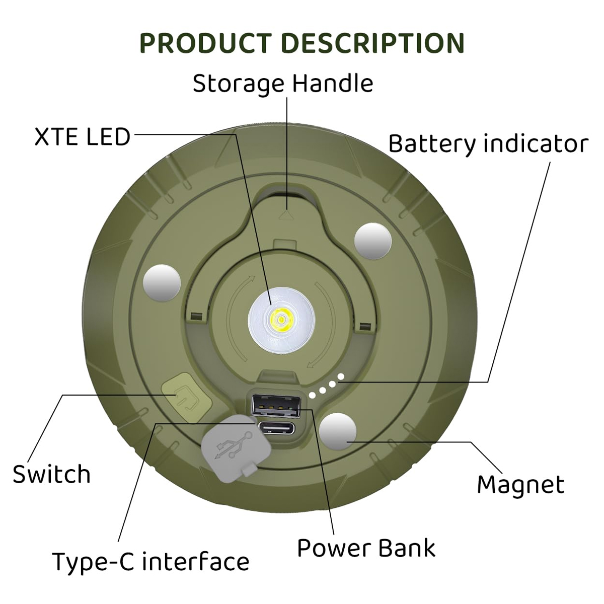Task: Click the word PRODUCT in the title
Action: pos(205,43)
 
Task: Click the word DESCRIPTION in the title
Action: pos(373,43)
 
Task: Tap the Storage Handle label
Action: pos(283,84)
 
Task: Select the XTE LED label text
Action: pos(82,137)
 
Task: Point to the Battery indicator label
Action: pos(488,144)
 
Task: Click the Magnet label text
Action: pos(520,485)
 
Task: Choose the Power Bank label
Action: pos(366,548)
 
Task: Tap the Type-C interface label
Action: pos(151,561)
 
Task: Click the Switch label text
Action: pos(52,474)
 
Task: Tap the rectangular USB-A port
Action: pos(276,406)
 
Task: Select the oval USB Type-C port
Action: pos(276,428)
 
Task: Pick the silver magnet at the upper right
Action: pos(373,241)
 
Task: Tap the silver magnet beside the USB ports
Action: pos(338,431)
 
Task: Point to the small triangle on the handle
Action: pos(285,215)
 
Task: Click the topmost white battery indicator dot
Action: pos(341,376)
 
